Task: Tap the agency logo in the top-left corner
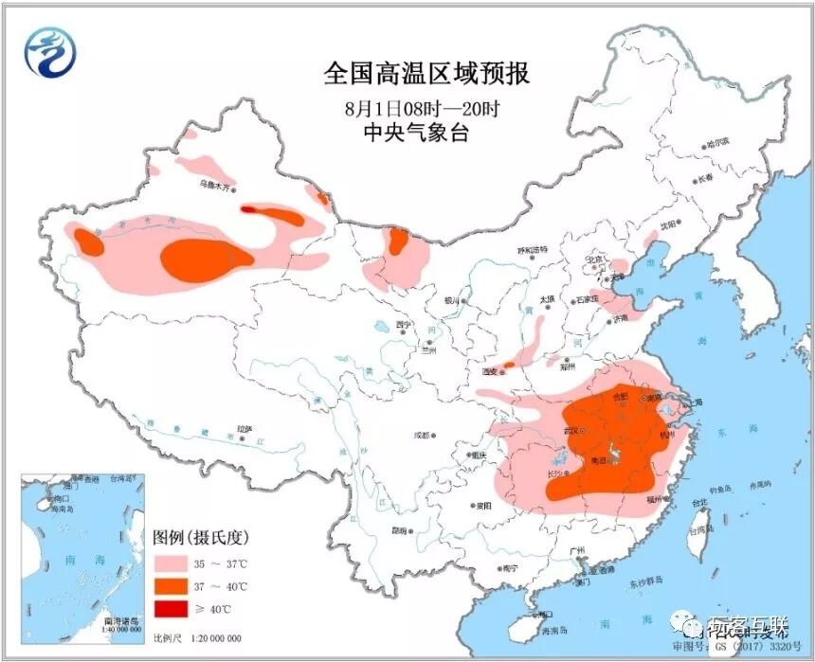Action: point(48,53)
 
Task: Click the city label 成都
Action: point(420,436)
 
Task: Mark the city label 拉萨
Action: point(244,429)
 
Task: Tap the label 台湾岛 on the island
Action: point(702,534)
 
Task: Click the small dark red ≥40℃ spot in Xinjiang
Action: point(248,209)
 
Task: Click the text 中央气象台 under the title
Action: point(416,133)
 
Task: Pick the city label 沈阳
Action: point(670,225)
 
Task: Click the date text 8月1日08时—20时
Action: point(423,106)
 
